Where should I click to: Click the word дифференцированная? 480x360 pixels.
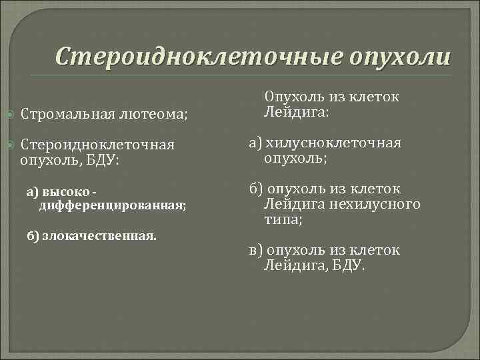tap(112, 206)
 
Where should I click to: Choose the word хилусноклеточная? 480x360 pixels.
tap(333, 143)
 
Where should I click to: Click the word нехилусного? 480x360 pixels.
tap(382, 203)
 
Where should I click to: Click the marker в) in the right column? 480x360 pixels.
tap(256, 250)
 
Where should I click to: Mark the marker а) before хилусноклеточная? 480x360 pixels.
tap(256, 143)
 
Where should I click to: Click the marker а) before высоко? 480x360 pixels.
tap(33, 192)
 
